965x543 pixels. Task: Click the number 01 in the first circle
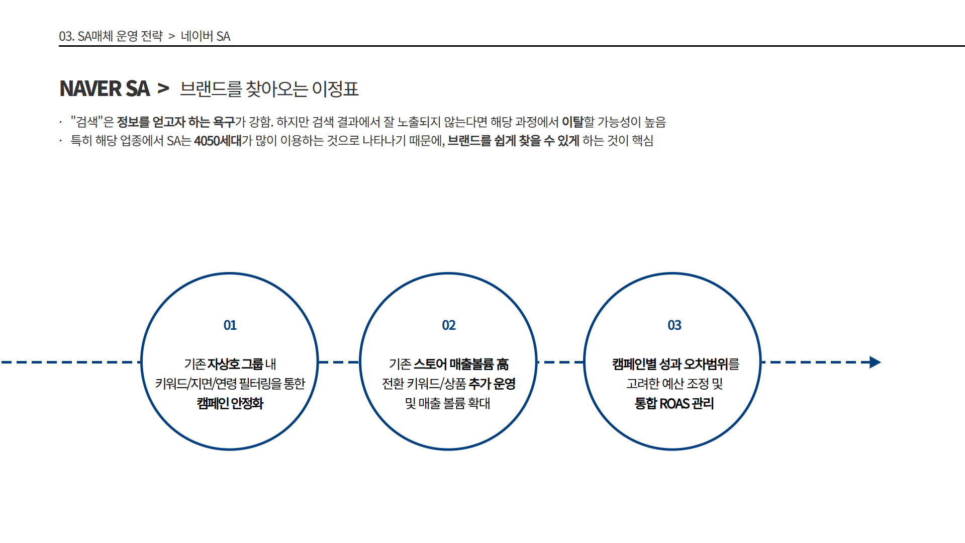(230, 325)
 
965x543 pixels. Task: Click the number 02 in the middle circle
(449, 325)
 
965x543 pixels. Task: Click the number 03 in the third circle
(674, 325)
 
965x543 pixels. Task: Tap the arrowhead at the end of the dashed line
(875, 362)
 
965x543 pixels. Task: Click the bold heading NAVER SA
(105, 88)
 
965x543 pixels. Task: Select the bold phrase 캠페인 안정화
(230, 403)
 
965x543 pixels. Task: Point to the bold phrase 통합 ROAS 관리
(674, 403)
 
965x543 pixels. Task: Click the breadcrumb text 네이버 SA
(206, 36)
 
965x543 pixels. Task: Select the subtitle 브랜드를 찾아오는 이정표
(269, 89)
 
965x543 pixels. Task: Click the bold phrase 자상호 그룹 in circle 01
(235, 364)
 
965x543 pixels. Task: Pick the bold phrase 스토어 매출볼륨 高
(461, 364)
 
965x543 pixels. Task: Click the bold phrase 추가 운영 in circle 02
(492, 384)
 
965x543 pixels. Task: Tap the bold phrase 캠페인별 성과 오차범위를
(675, 364)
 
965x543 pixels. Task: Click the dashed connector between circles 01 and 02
(339, 362)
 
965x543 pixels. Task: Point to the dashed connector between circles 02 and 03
(560, 362)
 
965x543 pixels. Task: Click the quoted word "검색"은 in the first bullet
(92, 122)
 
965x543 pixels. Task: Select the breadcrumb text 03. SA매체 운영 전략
(111, 36)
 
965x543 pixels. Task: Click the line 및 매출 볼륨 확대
(447, 403)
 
